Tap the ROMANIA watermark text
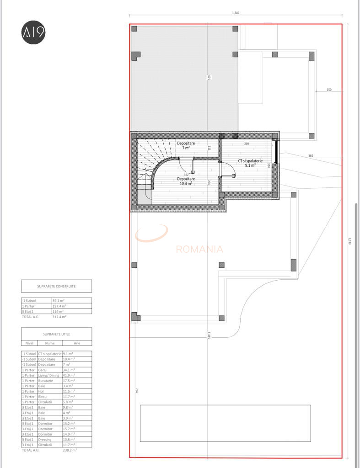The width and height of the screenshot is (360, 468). click(x=199, y=249)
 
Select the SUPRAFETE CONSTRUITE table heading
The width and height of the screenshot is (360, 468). click(x=56, y=286)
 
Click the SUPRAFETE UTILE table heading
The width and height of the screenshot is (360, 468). click(x=56, y=334)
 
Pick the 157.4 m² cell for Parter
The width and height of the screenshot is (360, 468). click(x=59, y=306)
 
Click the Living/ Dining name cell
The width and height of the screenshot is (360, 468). click(x=48, y=375)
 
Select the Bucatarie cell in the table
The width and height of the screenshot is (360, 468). click(x=45, y=380)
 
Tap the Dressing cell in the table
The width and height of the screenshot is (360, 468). click(x=45, y=440)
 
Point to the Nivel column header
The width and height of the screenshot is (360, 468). click(x=29, y=343)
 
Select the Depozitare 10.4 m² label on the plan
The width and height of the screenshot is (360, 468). click(x=186, y=181)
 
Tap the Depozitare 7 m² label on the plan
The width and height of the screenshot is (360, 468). click(x=186, y=145)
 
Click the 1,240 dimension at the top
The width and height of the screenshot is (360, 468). click(x=236, y=13)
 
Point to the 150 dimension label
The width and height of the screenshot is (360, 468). click(x=329, y=90)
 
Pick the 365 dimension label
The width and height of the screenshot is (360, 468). click(x=311, y=156)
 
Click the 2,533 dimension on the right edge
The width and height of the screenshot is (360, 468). click(x=350, y=241)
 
